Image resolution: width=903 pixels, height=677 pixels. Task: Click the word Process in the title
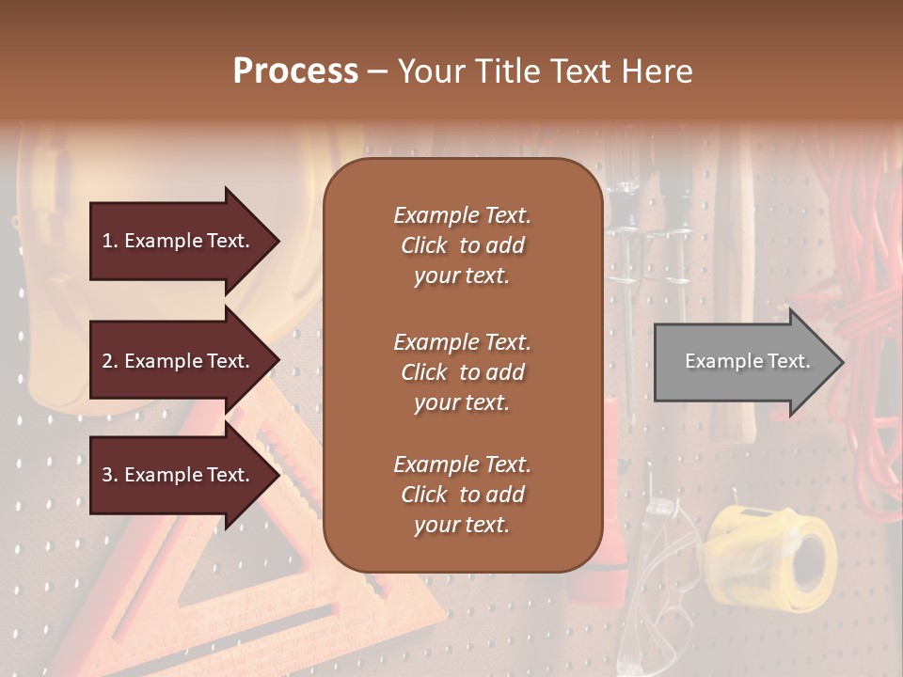coord(295,71)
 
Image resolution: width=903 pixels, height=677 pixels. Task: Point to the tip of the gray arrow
coord(842,362)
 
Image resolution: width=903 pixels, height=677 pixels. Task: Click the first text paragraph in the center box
coord(462,245)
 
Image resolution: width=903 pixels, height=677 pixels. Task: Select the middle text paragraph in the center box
coord(462,372)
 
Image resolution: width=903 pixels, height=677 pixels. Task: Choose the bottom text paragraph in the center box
coord(462,495)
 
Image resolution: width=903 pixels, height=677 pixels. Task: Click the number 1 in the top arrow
coord(108,242)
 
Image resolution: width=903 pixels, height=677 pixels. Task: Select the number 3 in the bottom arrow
coord(108,476)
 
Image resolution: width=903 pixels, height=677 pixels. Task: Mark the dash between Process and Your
coord(377,71)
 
